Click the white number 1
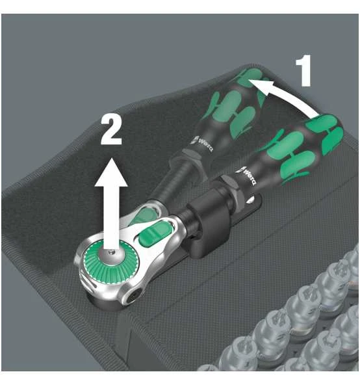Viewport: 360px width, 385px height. click(304, 70)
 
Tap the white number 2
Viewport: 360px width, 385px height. click(111, 129)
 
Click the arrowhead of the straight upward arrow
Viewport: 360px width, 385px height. click(111, 172)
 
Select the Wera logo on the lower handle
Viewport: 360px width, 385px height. click(248, 176)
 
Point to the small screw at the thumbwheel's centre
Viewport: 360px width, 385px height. click(112, 251)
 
